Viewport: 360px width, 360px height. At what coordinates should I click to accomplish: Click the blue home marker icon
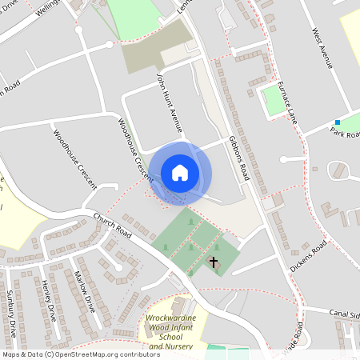(180, 173)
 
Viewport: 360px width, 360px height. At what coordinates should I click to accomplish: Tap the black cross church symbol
(214, 262)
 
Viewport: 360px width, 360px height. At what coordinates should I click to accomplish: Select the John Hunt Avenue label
(170, 103)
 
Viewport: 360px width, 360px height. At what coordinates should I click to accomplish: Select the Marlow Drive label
(84, 292)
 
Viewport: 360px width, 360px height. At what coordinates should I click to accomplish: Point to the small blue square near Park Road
(338, 122)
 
